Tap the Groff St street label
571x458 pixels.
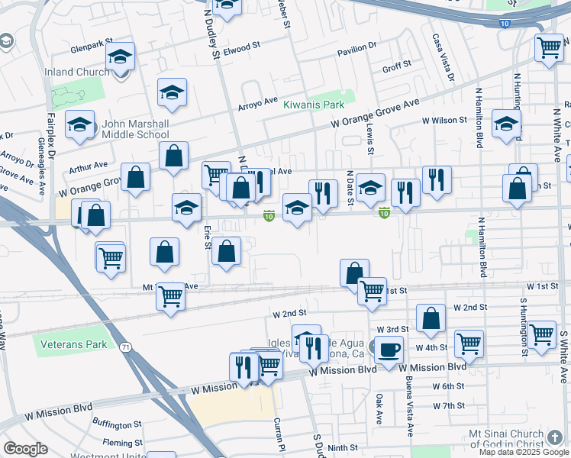[x=397, y=67]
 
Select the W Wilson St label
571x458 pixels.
[x=444, y=121]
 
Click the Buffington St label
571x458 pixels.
[x=117, y=424]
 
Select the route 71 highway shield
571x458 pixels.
[x=124, y=347]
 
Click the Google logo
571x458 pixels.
[x=26, y=449]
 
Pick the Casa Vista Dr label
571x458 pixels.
[x=442, y=58]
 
